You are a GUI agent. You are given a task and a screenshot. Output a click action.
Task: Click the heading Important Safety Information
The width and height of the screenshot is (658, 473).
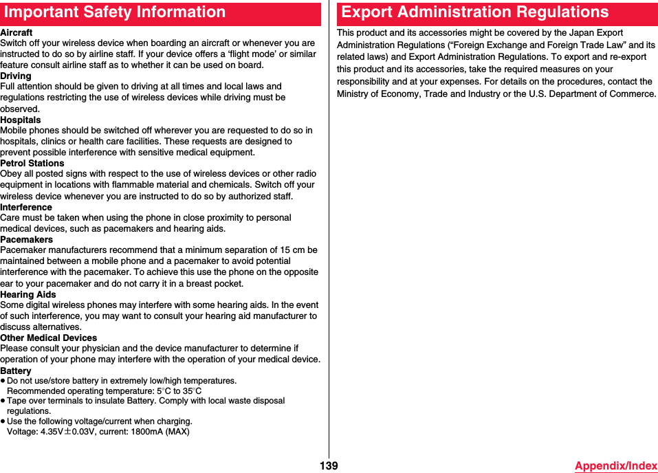(x=115, y=12)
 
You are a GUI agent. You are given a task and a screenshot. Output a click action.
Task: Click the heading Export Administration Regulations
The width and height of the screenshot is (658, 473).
(x=475, y=12)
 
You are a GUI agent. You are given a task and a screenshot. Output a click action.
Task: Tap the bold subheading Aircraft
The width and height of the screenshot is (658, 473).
(x=17, y=32)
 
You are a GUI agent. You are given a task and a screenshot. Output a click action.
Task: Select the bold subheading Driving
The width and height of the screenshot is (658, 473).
(x=16, y=76)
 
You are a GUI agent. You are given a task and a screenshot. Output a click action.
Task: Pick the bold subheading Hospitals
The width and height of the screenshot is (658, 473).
(x=21, y=120)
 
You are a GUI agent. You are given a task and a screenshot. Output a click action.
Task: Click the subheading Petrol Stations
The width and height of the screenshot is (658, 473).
(x=32, y=163)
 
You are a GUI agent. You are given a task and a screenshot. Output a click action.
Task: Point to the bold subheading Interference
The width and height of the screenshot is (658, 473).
(x=26, y=207)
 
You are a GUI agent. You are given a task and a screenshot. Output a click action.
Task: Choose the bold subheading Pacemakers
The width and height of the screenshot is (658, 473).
(x=27, y=239)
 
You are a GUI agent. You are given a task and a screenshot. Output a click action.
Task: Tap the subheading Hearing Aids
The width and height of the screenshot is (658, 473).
(x=28, y=294)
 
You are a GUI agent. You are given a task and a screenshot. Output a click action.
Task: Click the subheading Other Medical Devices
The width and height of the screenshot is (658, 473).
(x=49, y=338)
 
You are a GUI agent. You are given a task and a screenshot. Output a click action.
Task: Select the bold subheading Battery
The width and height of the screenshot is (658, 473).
(x=16, y=371)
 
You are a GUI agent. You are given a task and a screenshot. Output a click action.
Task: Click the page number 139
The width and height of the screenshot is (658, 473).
(x=329, y=466)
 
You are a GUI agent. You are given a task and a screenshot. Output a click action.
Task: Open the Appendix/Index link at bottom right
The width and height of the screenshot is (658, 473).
(x=616, y=466)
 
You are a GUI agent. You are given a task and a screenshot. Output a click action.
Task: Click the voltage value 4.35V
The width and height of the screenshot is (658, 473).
(x=53, y=432)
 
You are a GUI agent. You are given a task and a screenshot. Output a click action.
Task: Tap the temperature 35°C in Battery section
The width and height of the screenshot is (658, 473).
(x=192, y=391)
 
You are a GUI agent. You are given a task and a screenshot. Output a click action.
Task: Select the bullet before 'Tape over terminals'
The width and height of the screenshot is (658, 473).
(x=3, y=401)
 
